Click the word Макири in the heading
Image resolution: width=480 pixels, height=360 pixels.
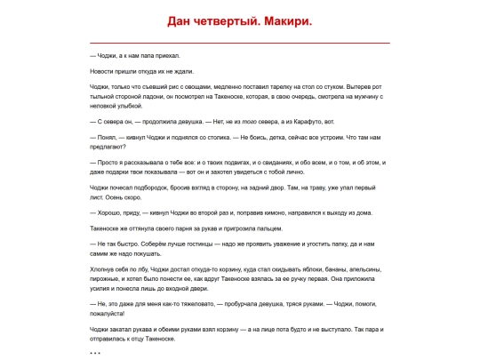(x=287, y=20)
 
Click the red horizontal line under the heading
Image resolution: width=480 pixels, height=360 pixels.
(x=240, y=43)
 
